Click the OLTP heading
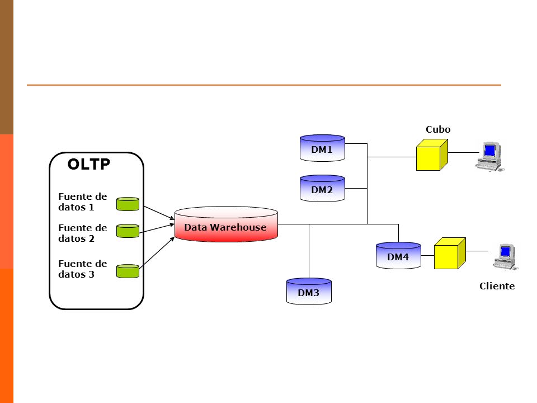(x=89, y=164)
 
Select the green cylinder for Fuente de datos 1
(x=128, y=204)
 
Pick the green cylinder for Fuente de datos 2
(x=128, y=231)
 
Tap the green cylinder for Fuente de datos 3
(x=128, y=271)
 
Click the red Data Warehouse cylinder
(x=226, y=224)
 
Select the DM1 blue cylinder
(x=322, y=148)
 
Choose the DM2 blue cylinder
(x=322, y=189)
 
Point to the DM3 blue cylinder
(x=309, y=291)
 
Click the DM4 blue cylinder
(x=398, y=256)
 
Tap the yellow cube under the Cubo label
(x=432, y=155)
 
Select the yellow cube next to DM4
(x=450, y=253)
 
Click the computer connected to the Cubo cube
(x=490, y=157)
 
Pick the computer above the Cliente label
(x=506, y=257)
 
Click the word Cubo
(x=438, y=129)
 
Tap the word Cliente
(x=497, y=286)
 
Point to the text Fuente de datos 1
(x=83, y=202)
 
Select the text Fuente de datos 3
(x=83, y=269)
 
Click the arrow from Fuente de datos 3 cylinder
(x=157, y=251)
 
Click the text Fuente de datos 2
(x=83, y=233)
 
